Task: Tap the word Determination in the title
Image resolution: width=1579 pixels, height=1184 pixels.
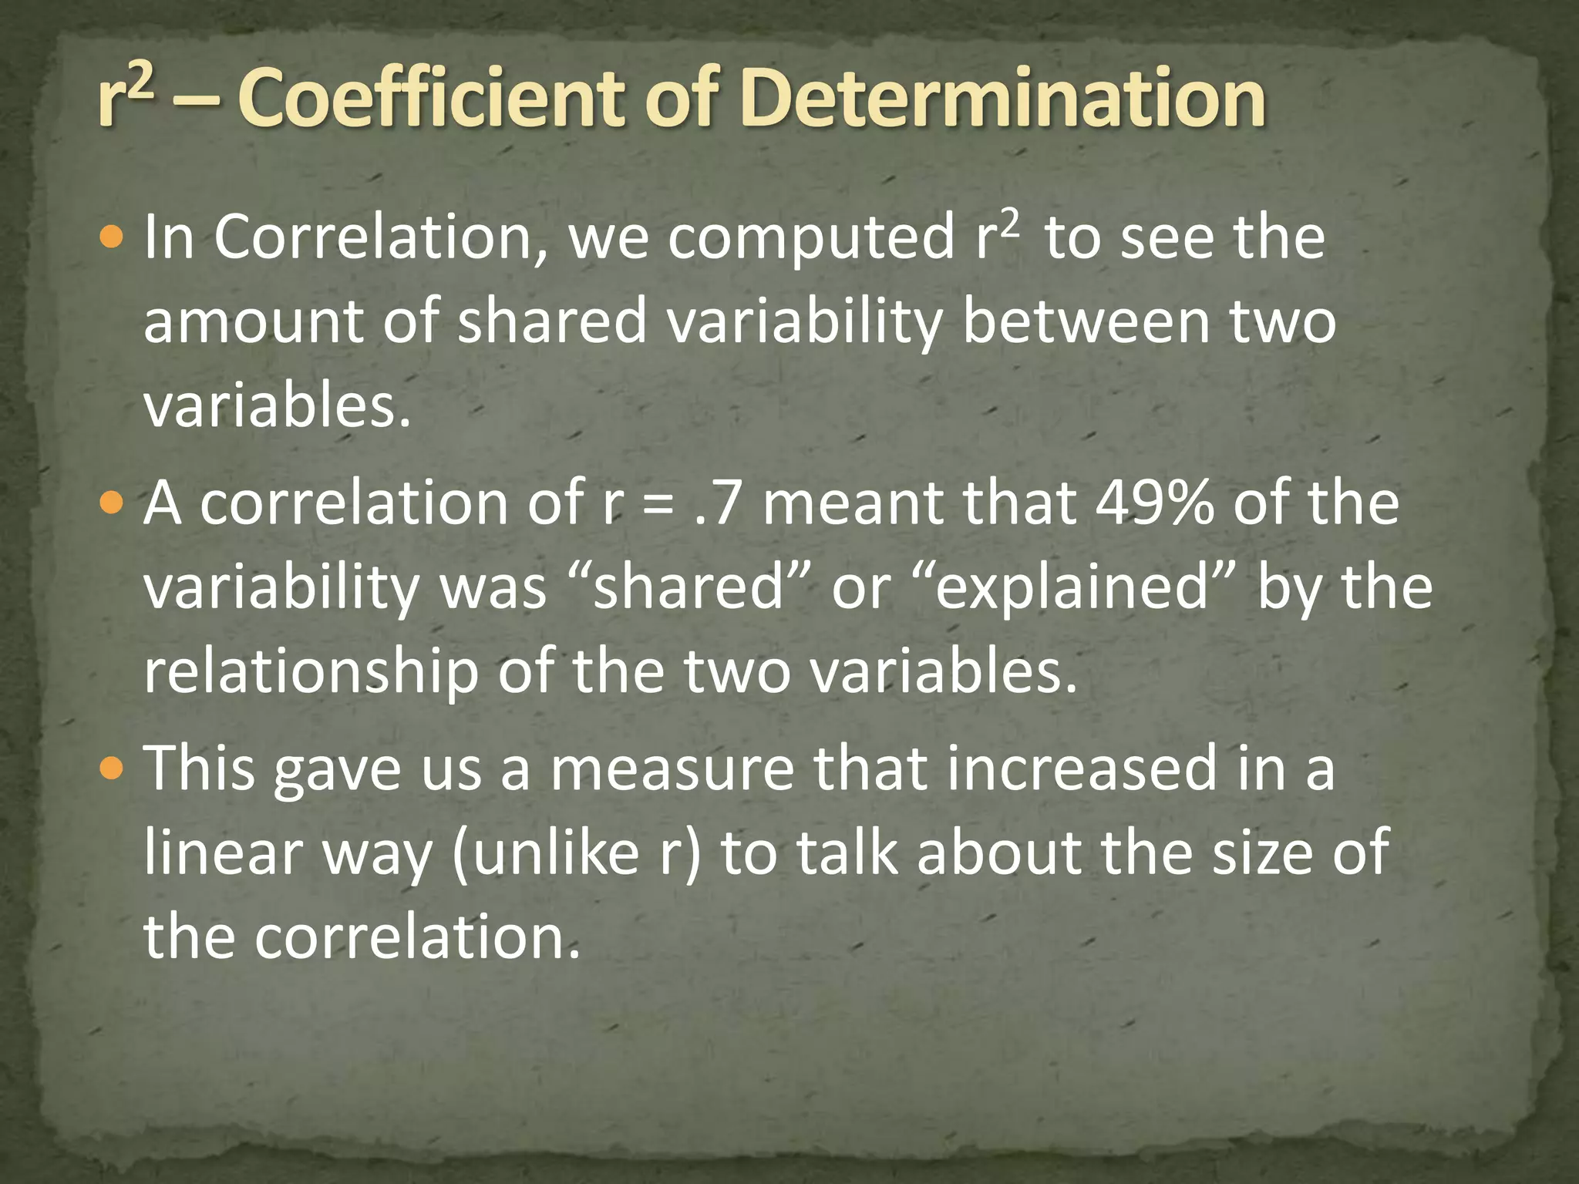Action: click(1002, 98)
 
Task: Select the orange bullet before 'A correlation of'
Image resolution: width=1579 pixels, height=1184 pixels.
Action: click(113, 505)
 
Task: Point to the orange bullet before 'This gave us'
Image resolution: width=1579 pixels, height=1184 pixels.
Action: click(113, 769)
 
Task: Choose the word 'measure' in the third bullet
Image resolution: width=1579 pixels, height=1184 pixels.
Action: click(672, 769)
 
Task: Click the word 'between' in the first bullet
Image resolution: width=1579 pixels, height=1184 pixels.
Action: click(1086, 322)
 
